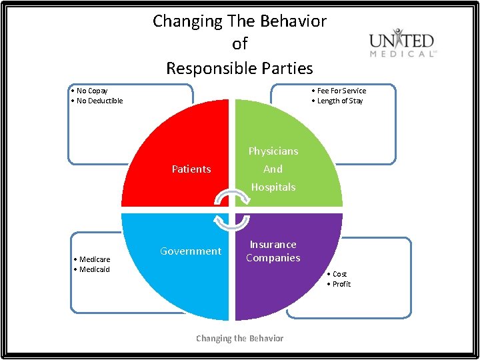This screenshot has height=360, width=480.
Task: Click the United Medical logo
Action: [x=403, y=43]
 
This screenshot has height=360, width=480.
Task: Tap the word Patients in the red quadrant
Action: [x=191, y=169]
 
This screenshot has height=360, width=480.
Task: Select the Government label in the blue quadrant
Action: [x=191, y=251]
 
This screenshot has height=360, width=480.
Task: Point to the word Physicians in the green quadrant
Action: [x=273, y=151]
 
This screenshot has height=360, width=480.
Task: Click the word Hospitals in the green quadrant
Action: [x=273, y=187]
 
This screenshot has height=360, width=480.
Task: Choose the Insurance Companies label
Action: [x=273, y=251]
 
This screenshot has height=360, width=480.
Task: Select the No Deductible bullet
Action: [x=97, y=101]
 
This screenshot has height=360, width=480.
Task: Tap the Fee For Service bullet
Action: [x=339, y=91]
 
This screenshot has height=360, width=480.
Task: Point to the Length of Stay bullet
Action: [x=338, y=101]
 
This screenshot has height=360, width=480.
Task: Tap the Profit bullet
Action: [x=339, y=284]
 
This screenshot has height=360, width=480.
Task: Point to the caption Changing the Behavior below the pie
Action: [x=239, y=339]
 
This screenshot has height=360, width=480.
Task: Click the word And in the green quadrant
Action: [x=273, y=169]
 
